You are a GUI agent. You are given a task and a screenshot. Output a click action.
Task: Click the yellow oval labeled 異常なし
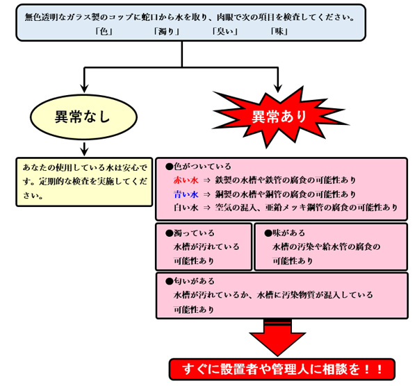pyautogui.click(x=83, y=117)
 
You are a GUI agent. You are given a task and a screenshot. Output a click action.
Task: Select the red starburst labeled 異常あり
pyautogui.click(x=279, y=117)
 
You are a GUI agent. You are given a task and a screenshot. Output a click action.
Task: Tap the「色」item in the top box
pyautogui.click(x=104, y=32)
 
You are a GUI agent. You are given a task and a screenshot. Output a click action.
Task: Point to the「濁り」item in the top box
pyautogui.click(x=167, y=32)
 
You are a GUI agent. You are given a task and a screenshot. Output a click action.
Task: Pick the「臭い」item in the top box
pyautogui.click(x=225, y=32)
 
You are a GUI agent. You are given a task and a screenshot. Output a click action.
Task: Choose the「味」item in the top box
pyautogui.click(x=279, y=32)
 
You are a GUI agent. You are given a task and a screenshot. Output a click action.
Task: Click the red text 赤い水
pyautogui.click(x=186, y=181)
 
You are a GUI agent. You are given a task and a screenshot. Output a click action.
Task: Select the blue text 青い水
pyautogui.click(x=186, y=194)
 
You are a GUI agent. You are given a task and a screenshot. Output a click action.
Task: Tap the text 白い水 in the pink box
pyautogui.click(x=186, y=208)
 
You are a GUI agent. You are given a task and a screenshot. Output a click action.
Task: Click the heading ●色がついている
pyautogui.click(x=198, y=167)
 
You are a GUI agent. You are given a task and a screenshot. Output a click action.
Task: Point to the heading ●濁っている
pyautogui.click(x=190, y=233)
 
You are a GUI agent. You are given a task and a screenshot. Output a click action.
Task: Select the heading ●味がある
pyautogui.click(x=284, y=233)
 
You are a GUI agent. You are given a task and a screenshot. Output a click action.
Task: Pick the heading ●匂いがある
pyautogui.click(x=190, y=281)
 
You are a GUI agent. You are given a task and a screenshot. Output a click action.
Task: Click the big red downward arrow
pyautogui.click(x=277, y=337)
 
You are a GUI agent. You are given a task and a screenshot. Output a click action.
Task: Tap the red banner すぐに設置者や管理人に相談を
pyautogui.click(x=282, y=369)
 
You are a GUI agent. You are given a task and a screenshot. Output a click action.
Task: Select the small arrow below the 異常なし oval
pyautogui.click(x=84, y=149)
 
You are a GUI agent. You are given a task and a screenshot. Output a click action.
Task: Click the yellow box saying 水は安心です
pyautogui.click(x=84, y=182)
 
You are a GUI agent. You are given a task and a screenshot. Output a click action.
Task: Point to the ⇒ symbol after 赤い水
pyautogui.click(x=206, y=181)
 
